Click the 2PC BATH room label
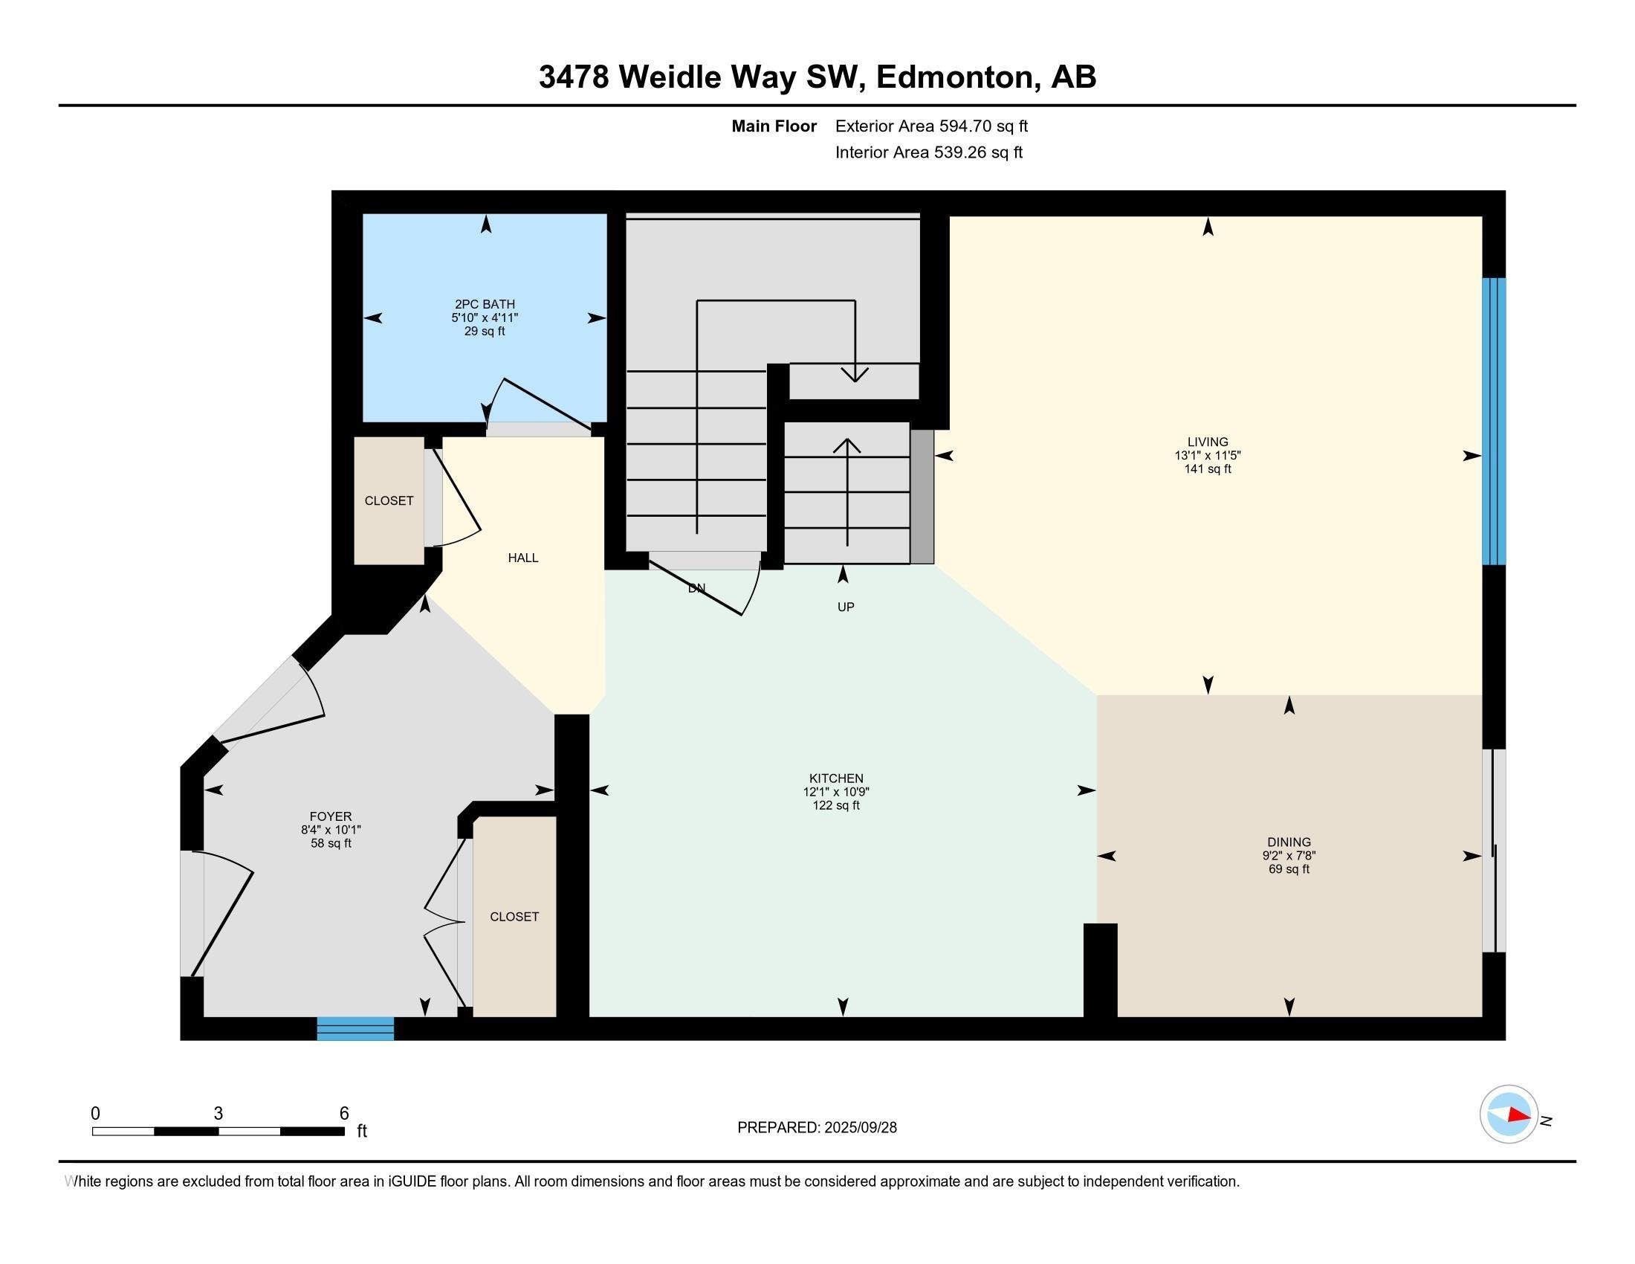coord(485,304)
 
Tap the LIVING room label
coord(1207,442)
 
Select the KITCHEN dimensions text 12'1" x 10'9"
coord(835,792)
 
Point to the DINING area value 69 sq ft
coord(1289,869)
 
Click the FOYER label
coord(330,816)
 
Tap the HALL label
coord(522,558)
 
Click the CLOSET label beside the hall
coord(389,501)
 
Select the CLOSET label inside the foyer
coord(514,917)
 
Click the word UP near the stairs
coord(845,607)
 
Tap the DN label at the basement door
coord(696,589)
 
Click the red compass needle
coord(1518,1115)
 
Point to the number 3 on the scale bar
coord(218,1114)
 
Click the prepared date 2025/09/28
coord(859,1128)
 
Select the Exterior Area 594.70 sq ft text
coord(931,126)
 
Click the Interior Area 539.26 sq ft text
coord(928,152)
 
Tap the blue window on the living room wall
coord(1494,421)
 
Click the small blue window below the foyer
coord(355,1028)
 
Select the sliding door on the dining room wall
coord(1494,851)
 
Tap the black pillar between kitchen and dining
coord(1100,970)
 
